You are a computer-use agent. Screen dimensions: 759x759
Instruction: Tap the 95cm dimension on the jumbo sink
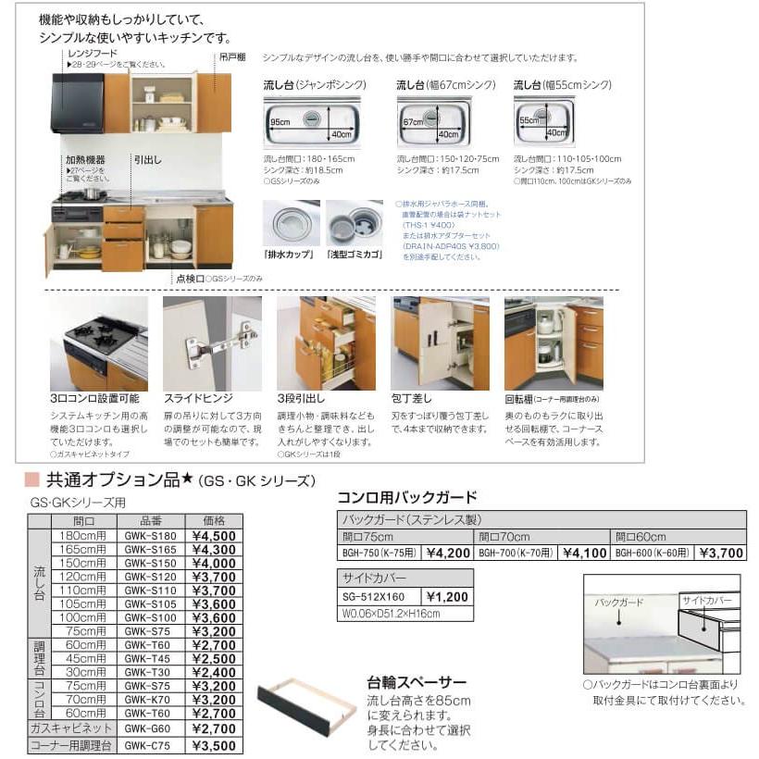(280, 121)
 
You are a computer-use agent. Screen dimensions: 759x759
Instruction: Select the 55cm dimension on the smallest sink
(528, 121)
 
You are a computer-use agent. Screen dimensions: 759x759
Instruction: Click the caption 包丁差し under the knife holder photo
(412, 398)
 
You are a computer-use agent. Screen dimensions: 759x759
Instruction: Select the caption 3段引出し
(302, 398)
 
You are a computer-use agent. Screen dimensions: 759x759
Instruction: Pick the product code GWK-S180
(150, 535)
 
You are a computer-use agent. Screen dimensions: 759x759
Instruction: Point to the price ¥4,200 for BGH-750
(448, 554)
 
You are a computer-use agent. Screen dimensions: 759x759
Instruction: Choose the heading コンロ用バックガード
(406, 497)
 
